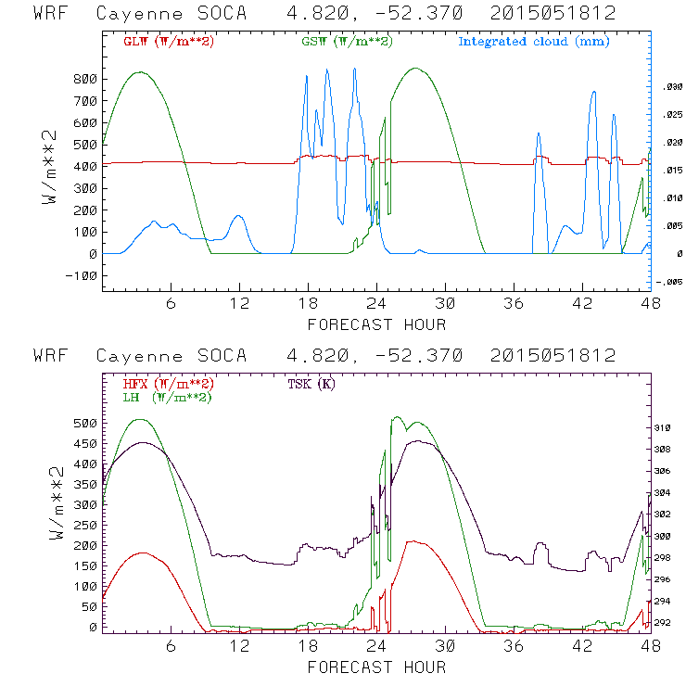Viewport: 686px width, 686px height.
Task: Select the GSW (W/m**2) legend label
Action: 345,42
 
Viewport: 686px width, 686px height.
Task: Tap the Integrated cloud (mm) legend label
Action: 533,42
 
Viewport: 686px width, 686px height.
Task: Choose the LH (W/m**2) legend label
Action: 166,397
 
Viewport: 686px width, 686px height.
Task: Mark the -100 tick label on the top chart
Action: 82,275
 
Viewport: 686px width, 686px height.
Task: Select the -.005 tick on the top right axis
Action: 668,282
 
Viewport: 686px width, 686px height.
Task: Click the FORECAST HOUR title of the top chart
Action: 376,324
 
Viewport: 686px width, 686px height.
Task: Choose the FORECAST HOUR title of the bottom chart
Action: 376,666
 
